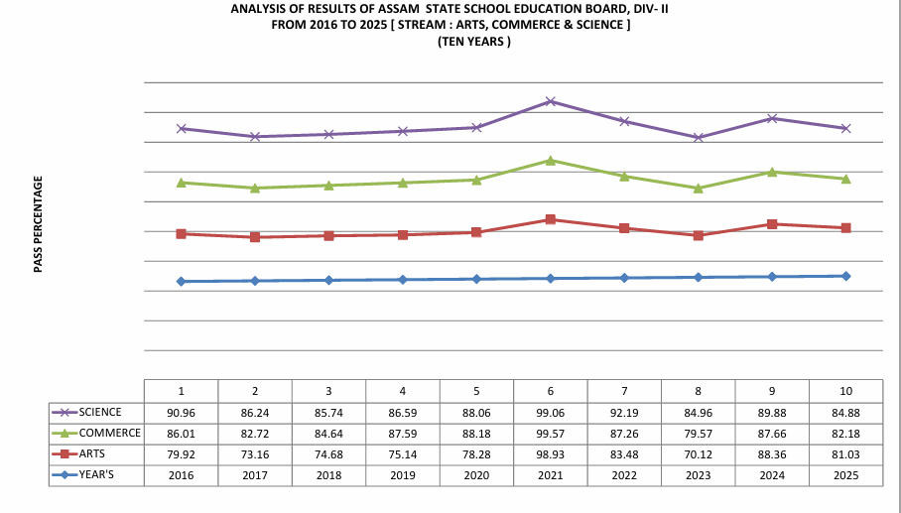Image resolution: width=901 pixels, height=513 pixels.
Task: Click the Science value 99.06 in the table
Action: click(550, 412)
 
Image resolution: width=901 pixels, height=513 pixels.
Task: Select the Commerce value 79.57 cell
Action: click(698, 434)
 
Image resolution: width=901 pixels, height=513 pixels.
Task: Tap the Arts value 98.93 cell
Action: click(550, 454)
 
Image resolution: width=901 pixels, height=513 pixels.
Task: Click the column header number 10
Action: click(845, 390)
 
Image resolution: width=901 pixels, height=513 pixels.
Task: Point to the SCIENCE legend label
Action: click(102, 412)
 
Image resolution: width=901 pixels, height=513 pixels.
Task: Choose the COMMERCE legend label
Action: click(110, 434)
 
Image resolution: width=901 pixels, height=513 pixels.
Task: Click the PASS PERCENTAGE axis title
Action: click(38, 224)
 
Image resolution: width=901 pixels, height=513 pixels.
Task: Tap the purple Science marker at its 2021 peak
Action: click(551, 101)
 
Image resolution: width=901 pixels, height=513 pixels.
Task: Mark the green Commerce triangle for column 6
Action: click(551, 160)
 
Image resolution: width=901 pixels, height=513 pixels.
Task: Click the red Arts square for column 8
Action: click(699, 235)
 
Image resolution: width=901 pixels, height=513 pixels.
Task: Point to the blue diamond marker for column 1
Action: click(181, 282)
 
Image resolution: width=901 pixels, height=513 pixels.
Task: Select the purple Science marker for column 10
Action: click(845, 128)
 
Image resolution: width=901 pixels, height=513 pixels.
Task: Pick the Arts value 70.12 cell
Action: click(698, 454)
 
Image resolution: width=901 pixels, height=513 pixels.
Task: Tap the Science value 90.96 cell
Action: click(182, 412)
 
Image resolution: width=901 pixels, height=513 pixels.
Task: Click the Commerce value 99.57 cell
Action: click(550, 434)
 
